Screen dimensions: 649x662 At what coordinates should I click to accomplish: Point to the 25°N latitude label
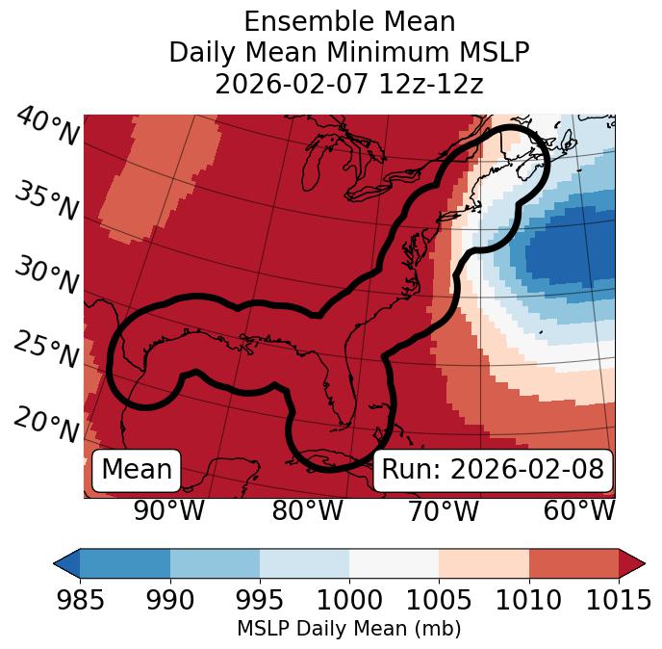tap(46, 350)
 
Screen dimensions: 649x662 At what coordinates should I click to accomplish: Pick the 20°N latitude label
tap(46, 424)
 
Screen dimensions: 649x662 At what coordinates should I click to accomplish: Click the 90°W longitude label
tap(168, 510)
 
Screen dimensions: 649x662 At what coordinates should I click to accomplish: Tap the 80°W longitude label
tap(307, 510)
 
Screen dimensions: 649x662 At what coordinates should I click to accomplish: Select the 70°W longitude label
tap(443, 510)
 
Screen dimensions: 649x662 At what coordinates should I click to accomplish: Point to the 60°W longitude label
tap(579, 510)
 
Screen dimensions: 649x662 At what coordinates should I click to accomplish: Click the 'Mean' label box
tap(137, 470)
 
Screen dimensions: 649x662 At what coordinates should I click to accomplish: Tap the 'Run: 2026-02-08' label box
tap(493, 470)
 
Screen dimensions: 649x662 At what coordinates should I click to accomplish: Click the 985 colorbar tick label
tap(81, 600)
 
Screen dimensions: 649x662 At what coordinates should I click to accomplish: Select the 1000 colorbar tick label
tap(349, 600)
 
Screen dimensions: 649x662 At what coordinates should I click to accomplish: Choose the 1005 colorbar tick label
tap(439, 600)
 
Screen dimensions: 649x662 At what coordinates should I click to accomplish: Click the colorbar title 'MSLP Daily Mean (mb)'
tap(349, 629)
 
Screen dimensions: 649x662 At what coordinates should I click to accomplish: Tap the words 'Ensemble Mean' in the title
tap(349, 21)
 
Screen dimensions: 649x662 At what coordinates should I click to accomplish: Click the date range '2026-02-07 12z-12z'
tap(349, 84)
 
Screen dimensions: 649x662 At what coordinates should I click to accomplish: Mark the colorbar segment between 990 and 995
tap(215, 563)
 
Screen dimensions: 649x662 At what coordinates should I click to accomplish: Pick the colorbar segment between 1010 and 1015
tap(573, 563)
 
